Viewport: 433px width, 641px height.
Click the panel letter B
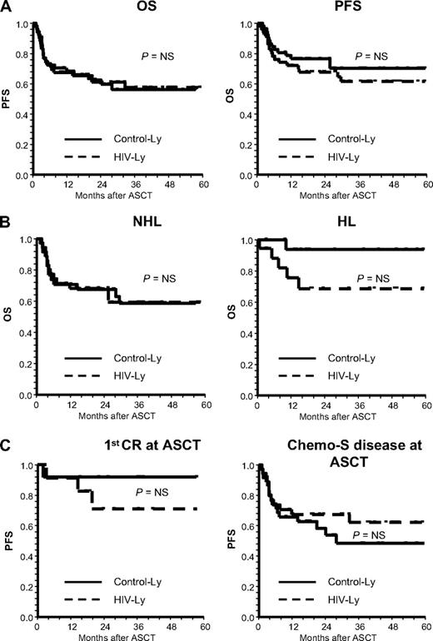coord(7,223)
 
